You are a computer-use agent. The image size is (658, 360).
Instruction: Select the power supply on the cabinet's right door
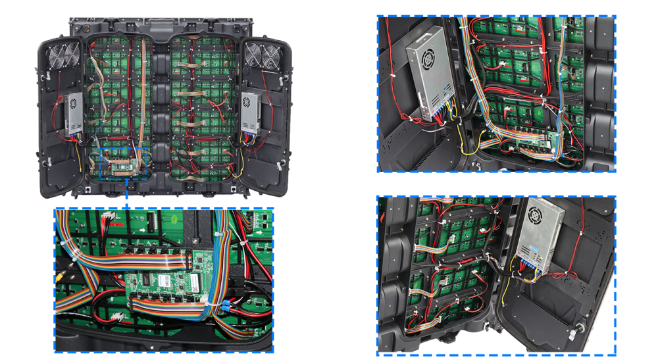[x=251, y=115]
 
